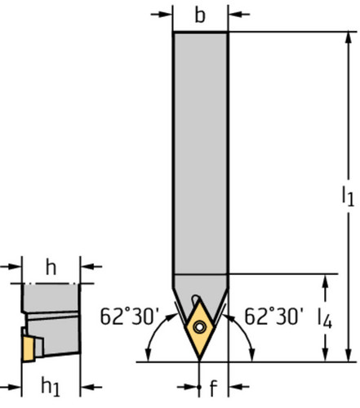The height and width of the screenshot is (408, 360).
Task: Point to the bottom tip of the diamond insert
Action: (x=201, y=357)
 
